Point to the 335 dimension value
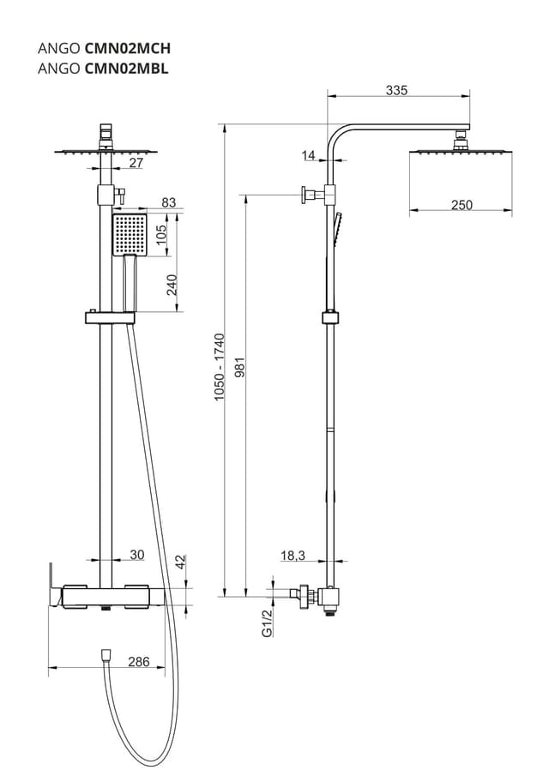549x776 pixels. click(x=396, y=89)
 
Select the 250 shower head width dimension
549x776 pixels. click(x=462, y=204)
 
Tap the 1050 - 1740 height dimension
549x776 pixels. click(x=219, y=368)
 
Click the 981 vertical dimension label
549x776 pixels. click(x=238, y=372)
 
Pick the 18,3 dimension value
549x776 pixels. click(x=293, y=556)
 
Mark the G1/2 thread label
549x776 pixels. click(x=266, y=623)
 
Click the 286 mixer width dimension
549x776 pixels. click(x=138, y=661)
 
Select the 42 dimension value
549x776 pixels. click(x=180, y=562)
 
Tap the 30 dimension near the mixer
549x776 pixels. click(x=137, y=555)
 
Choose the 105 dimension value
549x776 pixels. click(x=172, y=234)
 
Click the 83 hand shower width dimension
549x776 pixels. click(x=168, y=203)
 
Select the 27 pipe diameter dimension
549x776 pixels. click(x=136, y=163)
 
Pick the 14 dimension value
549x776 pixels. click(x=309, y=155)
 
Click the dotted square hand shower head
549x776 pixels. click(x=130, y=234)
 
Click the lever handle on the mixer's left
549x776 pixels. click(x=52, y=585)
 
